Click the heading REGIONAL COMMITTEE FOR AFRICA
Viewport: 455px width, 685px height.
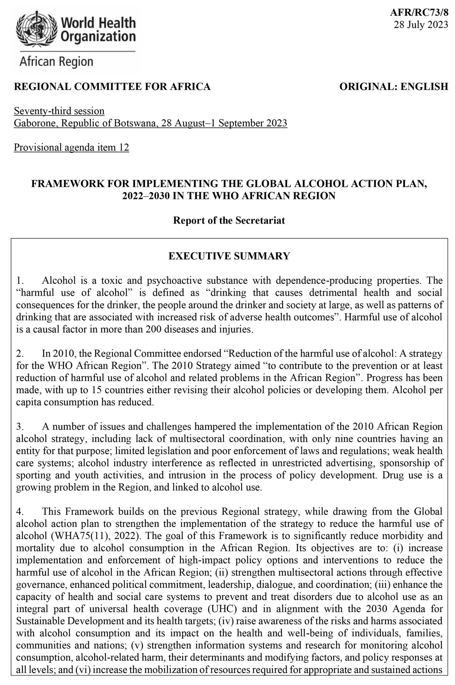[x=112, y=86]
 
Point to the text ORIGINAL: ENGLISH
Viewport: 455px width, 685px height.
[x=394, y=86]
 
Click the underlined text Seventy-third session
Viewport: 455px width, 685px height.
[x=59, y=111]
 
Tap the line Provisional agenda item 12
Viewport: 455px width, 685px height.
[x=71, y=147]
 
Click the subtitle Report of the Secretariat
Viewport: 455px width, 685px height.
[x=229, y=220]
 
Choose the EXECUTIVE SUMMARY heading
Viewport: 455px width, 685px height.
[x=229, y=256]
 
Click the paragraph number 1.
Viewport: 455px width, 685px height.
[x=19, y=280]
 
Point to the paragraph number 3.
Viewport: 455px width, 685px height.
[x=19, y=427]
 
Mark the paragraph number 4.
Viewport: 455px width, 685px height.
[x=19, y=511]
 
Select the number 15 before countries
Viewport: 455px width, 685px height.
[x=96, y=390]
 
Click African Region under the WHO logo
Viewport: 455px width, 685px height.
[x=56, y=62]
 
